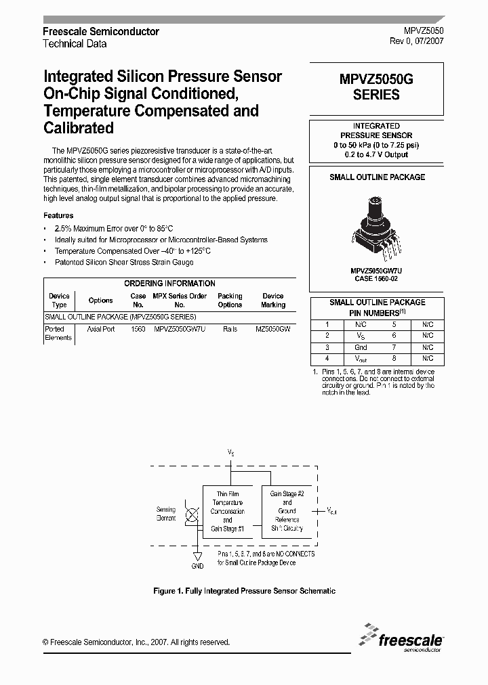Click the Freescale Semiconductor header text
coord(101,32)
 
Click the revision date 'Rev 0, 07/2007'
coord(416,42)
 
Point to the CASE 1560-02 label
coord(377,278)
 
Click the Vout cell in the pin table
coord(361,359)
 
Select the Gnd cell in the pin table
coord(361,347)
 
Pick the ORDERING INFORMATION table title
coord(169,284)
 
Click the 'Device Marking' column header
coord(272,301)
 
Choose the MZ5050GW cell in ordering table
coord(272,328)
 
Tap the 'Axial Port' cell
coord(100,328)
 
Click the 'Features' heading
coord(58,215)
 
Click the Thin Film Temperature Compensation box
coord(227,511)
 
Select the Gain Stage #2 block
coord(287,511)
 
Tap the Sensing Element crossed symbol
coord(192,516)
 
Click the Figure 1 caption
coord(244,591)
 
